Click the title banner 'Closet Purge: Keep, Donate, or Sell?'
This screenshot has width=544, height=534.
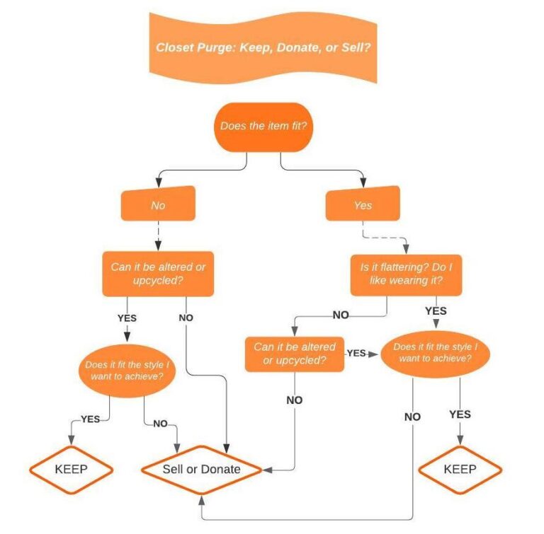point(263,47)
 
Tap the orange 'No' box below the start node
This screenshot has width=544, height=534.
point(157,205)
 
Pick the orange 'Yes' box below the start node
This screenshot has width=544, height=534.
point(362,205)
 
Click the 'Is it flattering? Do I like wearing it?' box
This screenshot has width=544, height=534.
point(406,275)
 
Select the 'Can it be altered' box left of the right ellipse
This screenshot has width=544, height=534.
point(295,354)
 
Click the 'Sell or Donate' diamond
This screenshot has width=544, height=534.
point(202,469)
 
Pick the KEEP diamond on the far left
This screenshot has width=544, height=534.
point(72,469)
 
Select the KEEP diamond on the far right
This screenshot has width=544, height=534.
point(460,469)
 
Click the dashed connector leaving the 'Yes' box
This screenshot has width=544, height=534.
point(383,236)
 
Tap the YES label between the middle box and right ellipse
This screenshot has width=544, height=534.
point(356,353)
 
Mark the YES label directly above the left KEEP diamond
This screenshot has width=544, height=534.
point(90,419)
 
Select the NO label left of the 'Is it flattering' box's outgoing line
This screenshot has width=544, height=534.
point(340,315)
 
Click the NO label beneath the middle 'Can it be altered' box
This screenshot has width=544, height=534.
point(294,400)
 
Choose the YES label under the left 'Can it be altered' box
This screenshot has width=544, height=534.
point(126,318)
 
